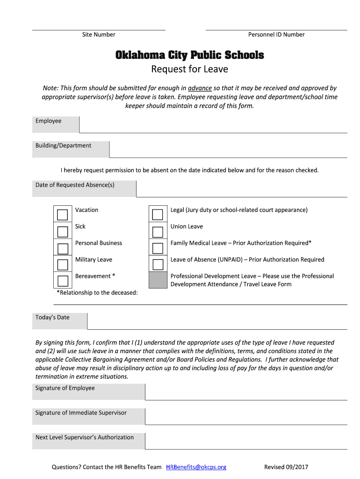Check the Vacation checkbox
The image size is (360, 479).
62,215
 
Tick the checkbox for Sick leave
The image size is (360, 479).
62,232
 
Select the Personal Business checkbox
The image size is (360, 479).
62,248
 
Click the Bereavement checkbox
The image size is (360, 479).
62,281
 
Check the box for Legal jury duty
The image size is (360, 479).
158,215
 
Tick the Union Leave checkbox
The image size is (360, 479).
158,232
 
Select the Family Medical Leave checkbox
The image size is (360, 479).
158,248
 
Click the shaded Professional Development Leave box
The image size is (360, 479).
158,280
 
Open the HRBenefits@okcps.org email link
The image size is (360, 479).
196,467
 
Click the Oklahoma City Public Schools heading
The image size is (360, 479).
190,56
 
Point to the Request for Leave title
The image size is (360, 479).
189,70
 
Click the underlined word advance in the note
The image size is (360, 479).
200,88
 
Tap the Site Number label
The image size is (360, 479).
99,35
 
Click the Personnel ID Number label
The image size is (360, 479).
276,35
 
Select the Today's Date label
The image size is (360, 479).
52,318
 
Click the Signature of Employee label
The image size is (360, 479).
65,388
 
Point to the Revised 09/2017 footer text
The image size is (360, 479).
286,467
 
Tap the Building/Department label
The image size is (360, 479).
64,145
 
